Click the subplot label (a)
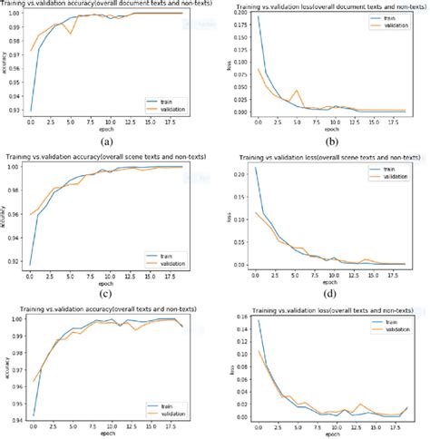(x=108, y=141)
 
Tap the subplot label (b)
(x=333, y=141)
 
